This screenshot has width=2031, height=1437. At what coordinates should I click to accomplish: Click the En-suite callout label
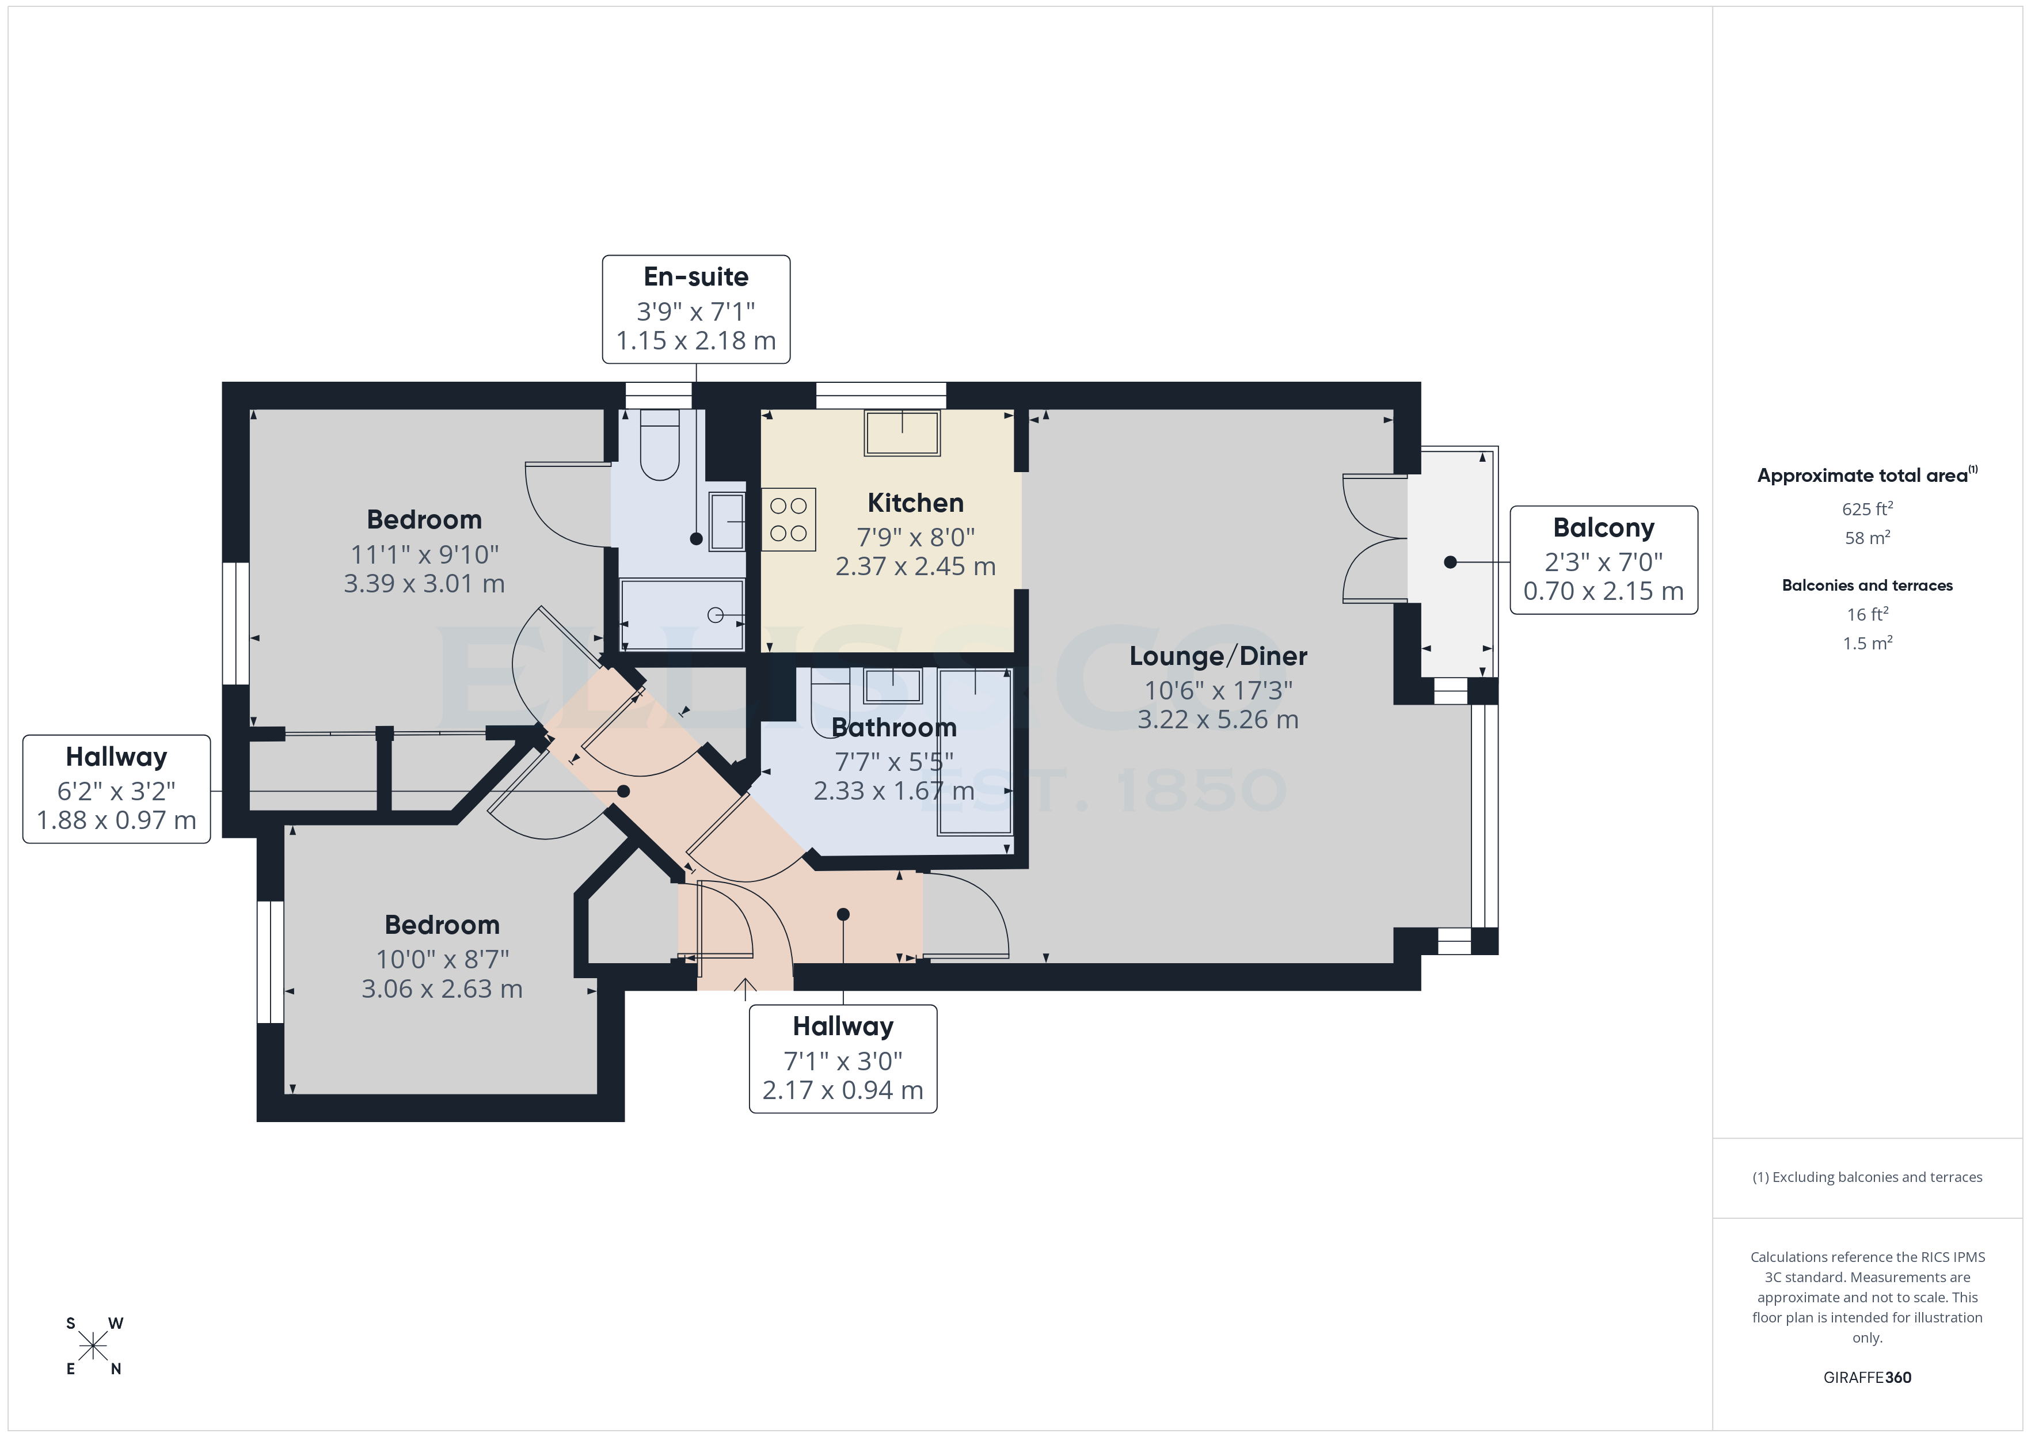[x=695, y=309]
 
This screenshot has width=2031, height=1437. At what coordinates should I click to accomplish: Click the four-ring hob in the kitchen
[x=788, y=519]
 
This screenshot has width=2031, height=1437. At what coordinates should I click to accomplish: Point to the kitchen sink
[x=902, y=434]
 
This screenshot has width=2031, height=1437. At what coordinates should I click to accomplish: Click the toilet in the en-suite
[x=659, y=445]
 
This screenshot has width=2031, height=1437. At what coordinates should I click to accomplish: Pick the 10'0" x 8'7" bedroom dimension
[x=442, y=959]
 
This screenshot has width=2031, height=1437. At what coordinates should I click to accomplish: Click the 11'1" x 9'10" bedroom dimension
[x=425, y=555]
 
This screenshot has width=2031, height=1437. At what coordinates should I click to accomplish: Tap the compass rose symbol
[x=93, y=1347]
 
